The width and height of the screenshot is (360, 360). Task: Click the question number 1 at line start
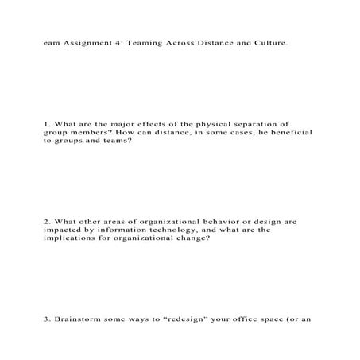click(x=47, y=124)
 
